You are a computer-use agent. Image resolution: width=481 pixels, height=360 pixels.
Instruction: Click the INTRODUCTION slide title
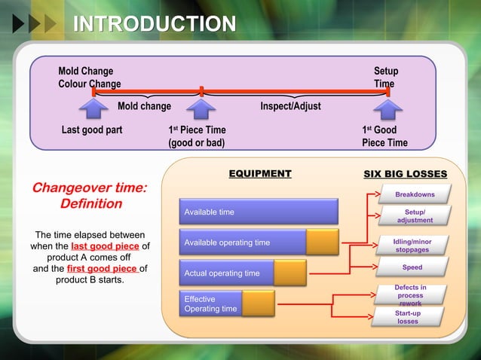(x=154, y=24)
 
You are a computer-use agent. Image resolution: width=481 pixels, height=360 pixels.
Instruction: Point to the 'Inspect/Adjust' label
(x=290, y=106)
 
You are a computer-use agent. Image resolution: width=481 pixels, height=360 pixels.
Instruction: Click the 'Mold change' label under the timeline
(x=144, y=106)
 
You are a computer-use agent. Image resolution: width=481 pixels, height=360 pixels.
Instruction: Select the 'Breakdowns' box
(x=414, y=195)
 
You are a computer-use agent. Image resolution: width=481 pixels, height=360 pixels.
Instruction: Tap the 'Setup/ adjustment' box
(x=414, y=217)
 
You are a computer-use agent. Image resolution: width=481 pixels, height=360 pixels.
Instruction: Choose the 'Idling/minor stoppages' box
(x=412, y=246)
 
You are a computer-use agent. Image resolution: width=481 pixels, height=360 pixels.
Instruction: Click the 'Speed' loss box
(x=412, y=268)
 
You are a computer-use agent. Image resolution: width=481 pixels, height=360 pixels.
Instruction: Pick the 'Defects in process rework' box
(x=411, y=294)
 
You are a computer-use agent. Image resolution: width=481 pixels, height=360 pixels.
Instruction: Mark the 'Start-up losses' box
(x=408, y=317)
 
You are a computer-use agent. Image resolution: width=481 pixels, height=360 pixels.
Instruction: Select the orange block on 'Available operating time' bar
(x=322, y=243)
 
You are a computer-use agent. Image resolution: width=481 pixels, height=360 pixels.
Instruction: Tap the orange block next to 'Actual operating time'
(x=290, y=273)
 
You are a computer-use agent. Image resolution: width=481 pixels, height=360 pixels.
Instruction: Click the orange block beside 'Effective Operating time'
(x=258, y=304)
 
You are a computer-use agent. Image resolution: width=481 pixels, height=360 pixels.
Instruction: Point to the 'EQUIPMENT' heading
(x=259, y=174)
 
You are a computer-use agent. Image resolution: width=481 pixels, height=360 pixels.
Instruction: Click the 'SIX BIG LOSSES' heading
(x=405, y=174)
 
